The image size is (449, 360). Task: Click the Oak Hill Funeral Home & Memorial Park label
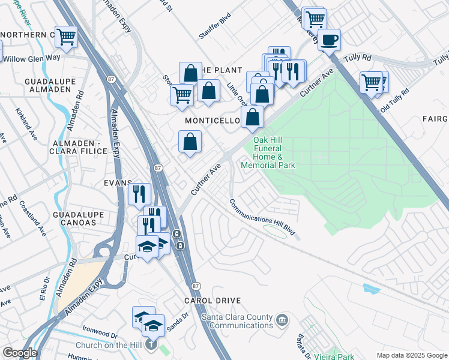pyautogui.click(x=268, y=152)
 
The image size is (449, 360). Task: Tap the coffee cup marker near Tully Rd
pyautogui.click(x=328, y=41)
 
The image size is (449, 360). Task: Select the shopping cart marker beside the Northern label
pyautogui.click(x=66, y=37)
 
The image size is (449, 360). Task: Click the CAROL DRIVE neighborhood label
pyautogui.click(x=212, y=301)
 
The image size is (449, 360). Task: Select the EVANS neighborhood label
pyautogui.click(x=117, y=183)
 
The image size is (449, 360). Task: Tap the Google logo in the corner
pyautogui.click(x=19, y=353)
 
